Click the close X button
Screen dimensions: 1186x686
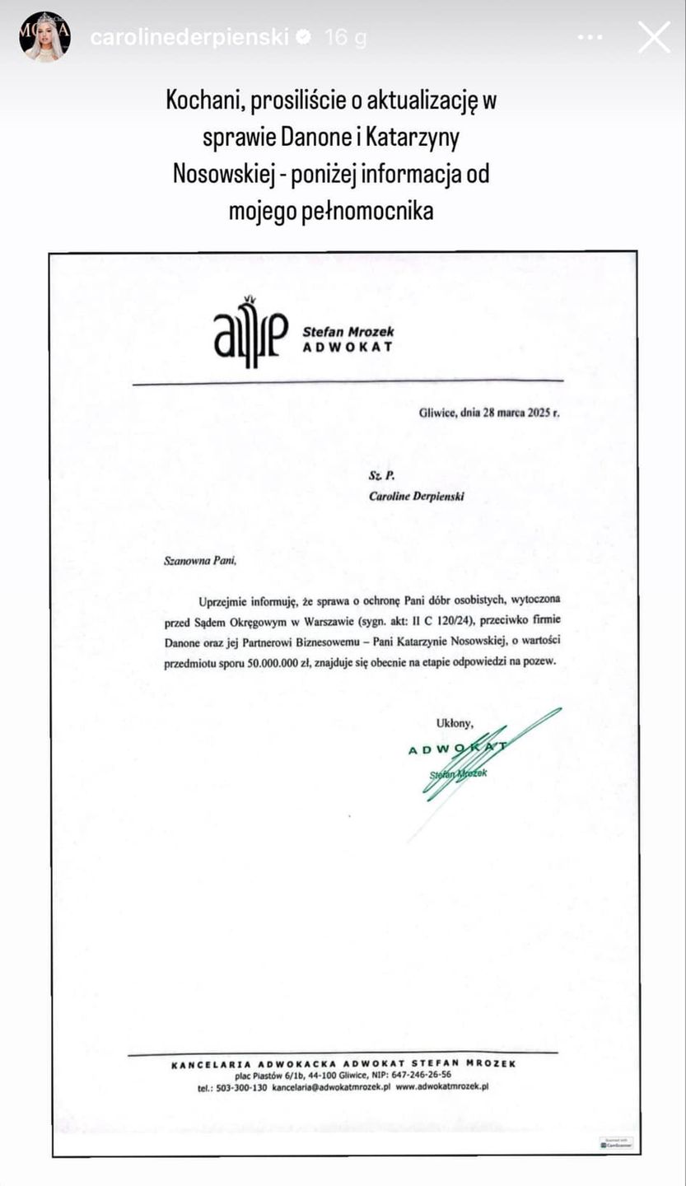[x=654, y=38]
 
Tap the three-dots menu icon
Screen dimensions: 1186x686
[x=590, y=38]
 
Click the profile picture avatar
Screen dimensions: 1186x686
[x=44, y=37]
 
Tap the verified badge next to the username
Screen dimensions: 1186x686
[x=304, y=38]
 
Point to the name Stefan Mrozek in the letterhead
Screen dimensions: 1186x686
[x=348, y=331]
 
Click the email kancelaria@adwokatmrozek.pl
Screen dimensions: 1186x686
[x=331, y=1086]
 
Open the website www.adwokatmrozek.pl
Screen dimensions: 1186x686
[x=442, y=1086]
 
